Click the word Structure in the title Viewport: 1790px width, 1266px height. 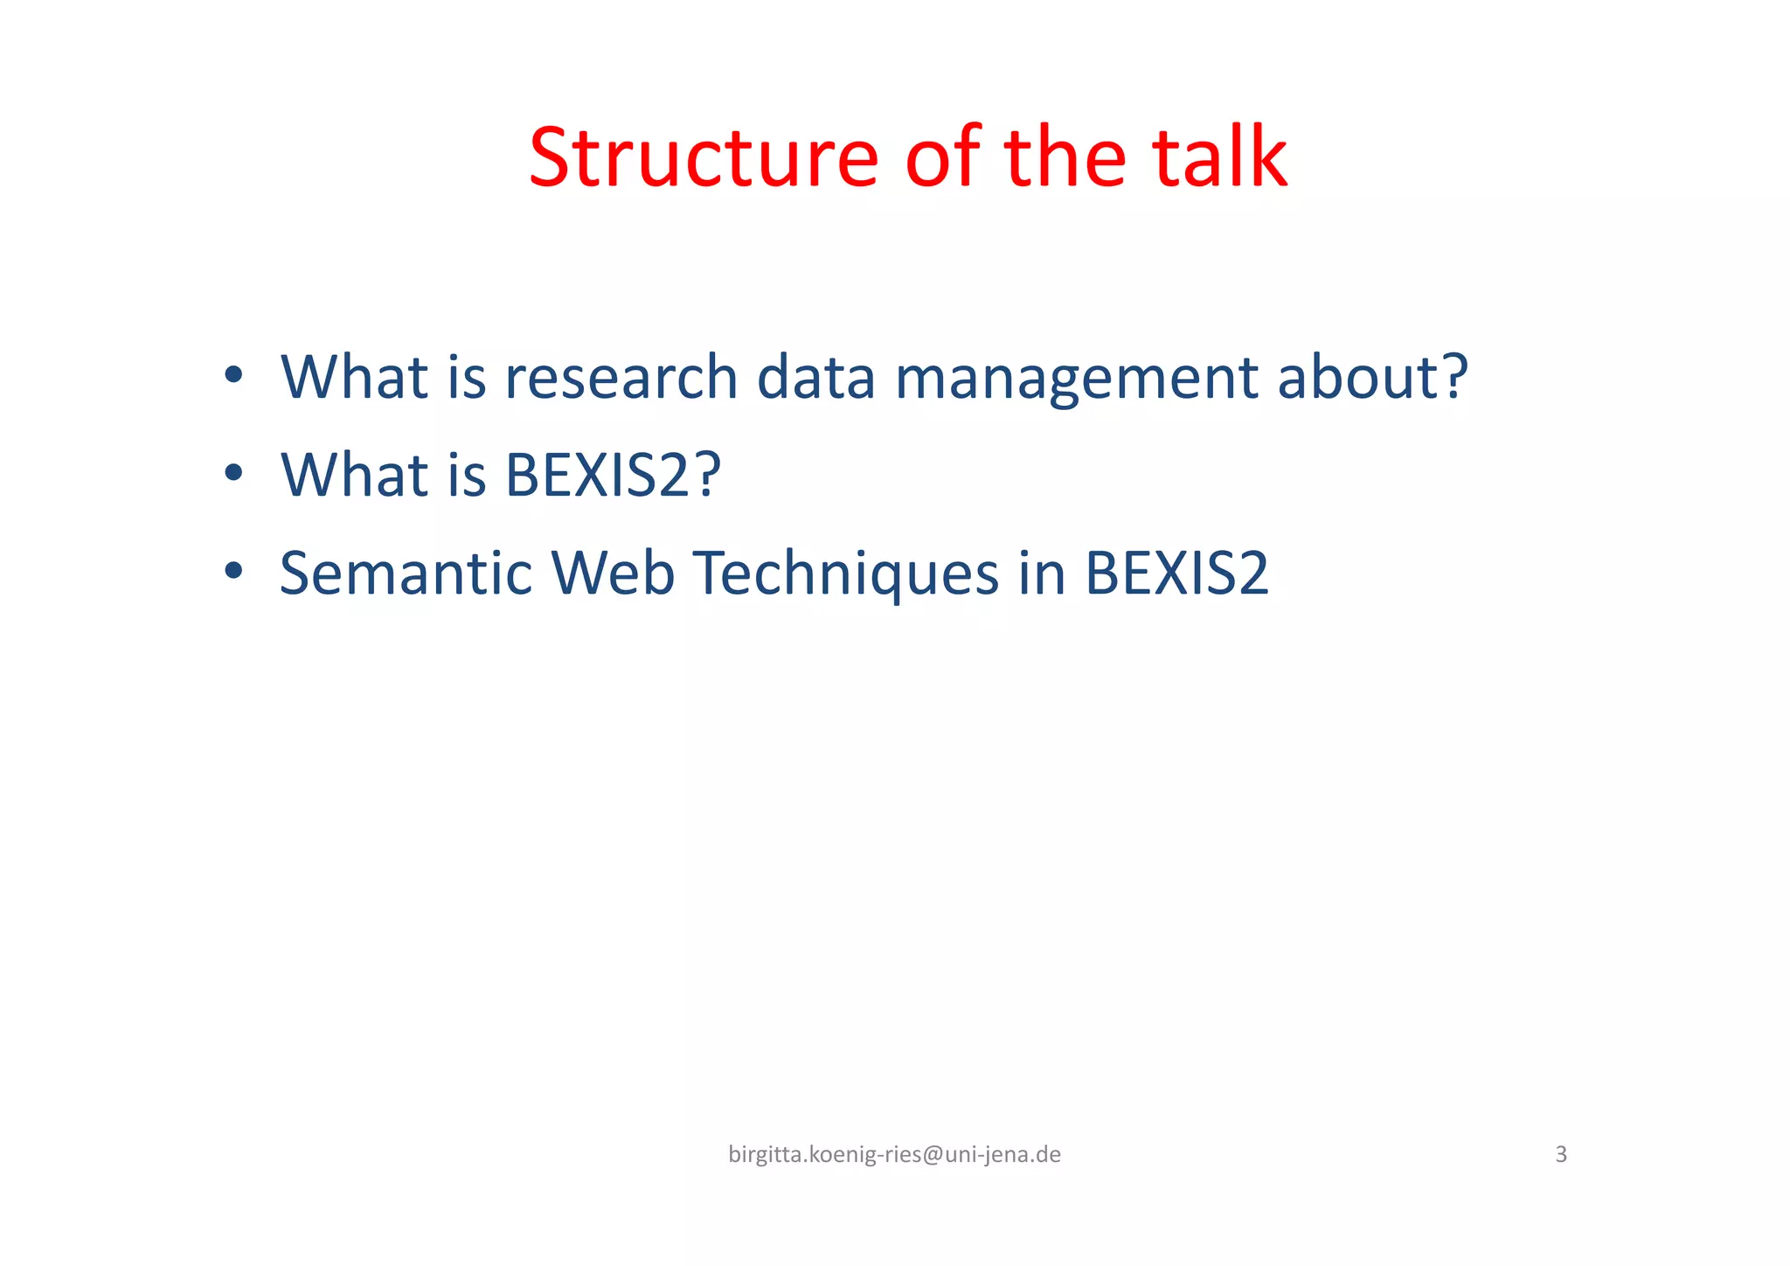pos(703,159)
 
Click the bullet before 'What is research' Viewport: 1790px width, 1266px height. pos(232,376)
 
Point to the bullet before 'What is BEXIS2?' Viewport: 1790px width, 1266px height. pos(232,474)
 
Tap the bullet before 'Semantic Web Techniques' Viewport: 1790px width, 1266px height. pos(232,572)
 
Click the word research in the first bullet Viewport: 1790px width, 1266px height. pos(621,378)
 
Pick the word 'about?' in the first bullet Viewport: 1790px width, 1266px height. pos(1372,378)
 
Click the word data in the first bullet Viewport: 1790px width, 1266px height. pos(815,378)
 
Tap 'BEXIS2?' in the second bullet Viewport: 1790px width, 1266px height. pos(613,476)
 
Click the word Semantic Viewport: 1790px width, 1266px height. pos(406,574)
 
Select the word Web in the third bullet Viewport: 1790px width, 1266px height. pos(613,574)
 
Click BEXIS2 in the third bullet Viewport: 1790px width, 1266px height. pos(1176,574)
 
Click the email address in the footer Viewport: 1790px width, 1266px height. pos(894,1155)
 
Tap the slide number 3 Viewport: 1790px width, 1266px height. pos(1561,1155)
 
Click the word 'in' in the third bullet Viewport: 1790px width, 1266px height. pos(1041,574)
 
